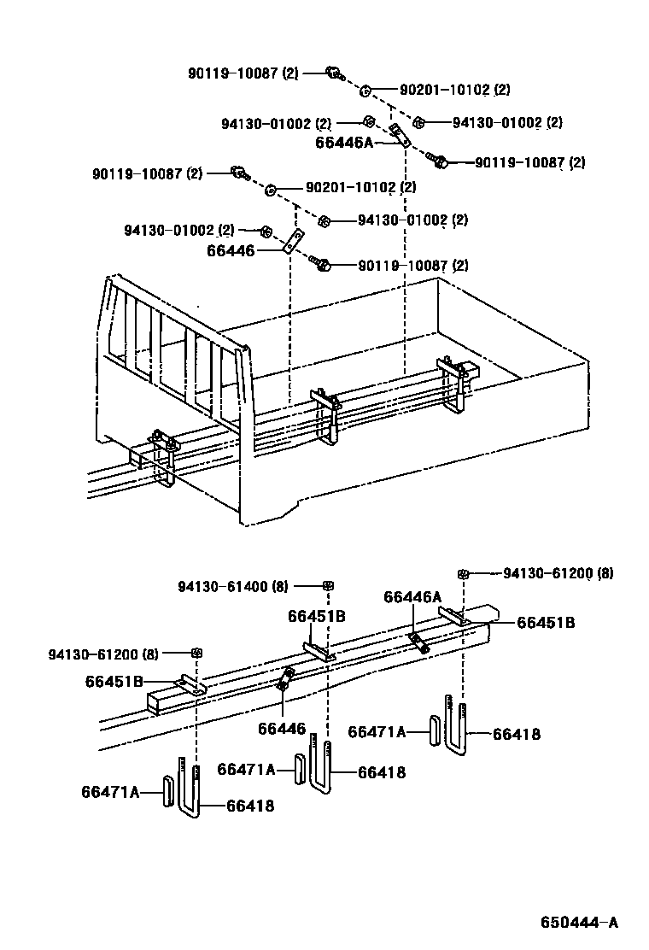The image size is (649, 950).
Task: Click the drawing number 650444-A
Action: tap(578, 923)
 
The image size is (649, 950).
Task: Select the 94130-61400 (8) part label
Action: tap(233, 586)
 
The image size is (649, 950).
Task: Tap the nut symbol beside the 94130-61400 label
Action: tap(328, 585)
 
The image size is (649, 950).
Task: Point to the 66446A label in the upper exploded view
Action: tap(345, 142)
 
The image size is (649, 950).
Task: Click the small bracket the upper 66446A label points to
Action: tap(399, 133)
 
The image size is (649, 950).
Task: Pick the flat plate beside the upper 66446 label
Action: tap(294, 241)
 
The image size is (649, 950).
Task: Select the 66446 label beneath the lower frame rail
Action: tap(281, 728)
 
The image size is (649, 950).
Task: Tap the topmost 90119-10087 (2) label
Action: tap(243, 73)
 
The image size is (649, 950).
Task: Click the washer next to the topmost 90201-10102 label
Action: tap(365, 89)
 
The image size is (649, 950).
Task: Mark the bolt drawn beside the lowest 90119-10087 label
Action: tap(322, 265)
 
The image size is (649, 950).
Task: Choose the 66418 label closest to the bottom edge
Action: tap(250, 805)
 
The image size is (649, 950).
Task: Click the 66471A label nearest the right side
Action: tap(377, 731)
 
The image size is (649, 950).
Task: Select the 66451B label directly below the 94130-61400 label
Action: tap(316, 616)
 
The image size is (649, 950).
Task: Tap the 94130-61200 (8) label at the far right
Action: tap(558, 573)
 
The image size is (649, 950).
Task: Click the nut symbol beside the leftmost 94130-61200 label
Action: tap(196, 654)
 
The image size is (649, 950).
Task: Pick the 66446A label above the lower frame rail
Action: tap(412, 597)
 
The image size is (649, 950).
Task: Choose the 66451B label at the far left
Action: tap(114, 681)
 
